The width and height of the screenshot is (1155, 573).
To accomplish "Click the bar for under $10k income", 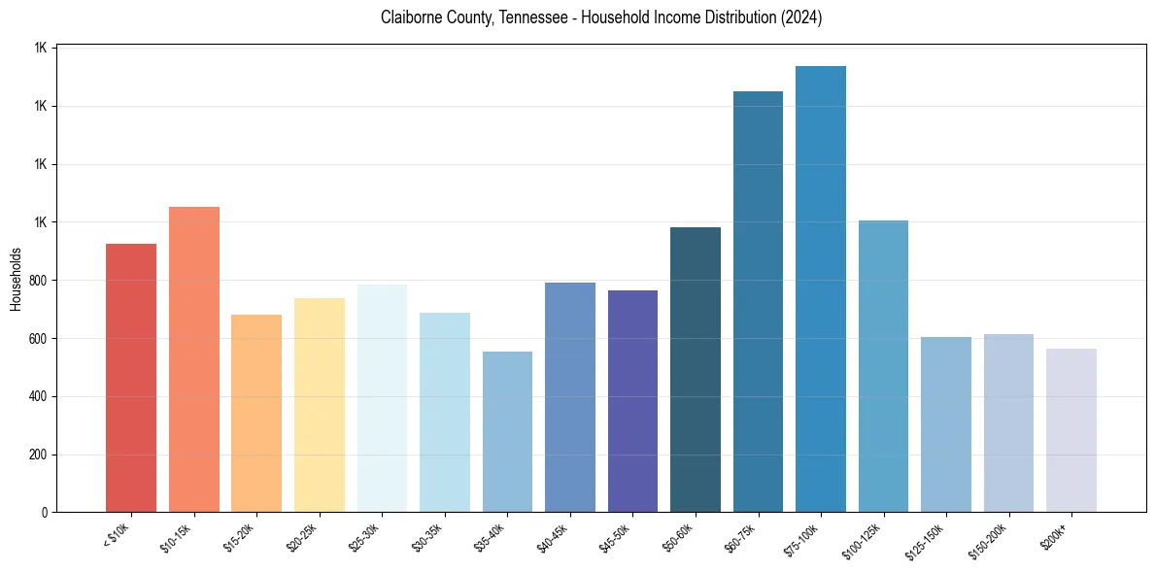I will (x=131, y=378).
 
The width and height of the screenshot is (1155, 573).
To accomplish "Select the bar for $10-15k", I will (x=194, y=359).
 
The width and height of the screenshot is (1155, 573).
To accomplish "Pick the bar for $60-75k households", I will (x=758, y=301).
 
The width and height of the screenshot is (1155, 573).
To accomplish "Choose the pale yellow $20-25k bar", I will (x=320, y=404).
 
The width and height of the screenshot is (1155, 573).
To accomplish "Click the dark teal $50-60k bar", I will (x=696, y=369).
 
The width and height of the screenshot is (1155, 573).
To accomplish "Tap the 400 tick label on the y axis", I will (x=38, y=396).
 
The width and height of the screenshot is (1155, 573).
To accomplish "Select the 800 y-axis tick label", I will (x=38, y=281).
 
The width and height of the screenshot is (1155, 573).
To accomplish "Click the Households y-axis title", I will (x=16, y=280).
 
